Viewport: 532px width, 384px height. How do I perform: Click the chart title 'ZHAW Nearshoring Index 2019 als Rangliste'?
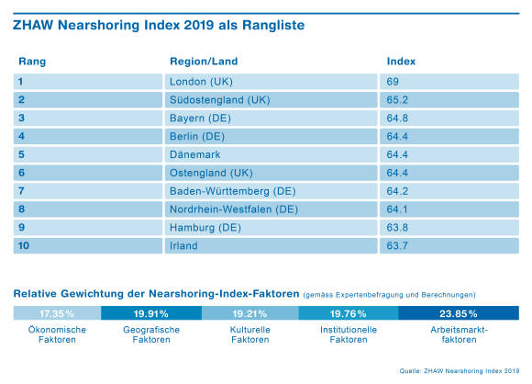coord(159,25)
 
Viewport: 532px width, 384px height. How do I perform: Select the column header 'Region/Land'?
coord(204,62)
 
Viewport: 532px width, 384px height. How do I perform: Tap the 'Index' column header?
coord(401,62)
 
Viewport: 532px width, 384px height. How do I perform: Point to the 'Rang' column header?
coord(32,62)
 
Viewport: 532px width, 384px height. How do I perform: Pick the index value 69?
coord(393,82)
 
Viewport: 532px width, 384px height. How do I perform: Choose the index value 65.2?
coord(397,100)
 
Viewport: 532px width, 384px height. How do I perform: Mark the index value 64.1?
coord(397,209)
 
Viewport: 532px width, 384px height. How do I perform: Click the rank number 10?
coord(24,245)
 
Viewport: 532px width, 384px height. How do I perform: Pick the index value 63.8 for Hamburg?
coord(397,227)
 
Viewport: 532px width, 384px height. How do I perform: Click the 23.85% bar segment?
coord(459,313)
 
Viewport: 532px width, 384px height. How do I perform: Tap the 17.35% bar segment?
coord(58,313)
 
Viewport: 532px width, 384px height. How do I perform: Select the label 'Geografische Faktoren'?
coord(151,334)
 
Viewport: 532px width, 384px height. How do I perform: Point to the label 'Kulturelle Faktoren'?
coord(250,334)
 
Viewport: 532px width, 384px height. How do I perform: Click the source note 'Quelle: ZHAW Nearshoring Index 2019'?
coord(460,371)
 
